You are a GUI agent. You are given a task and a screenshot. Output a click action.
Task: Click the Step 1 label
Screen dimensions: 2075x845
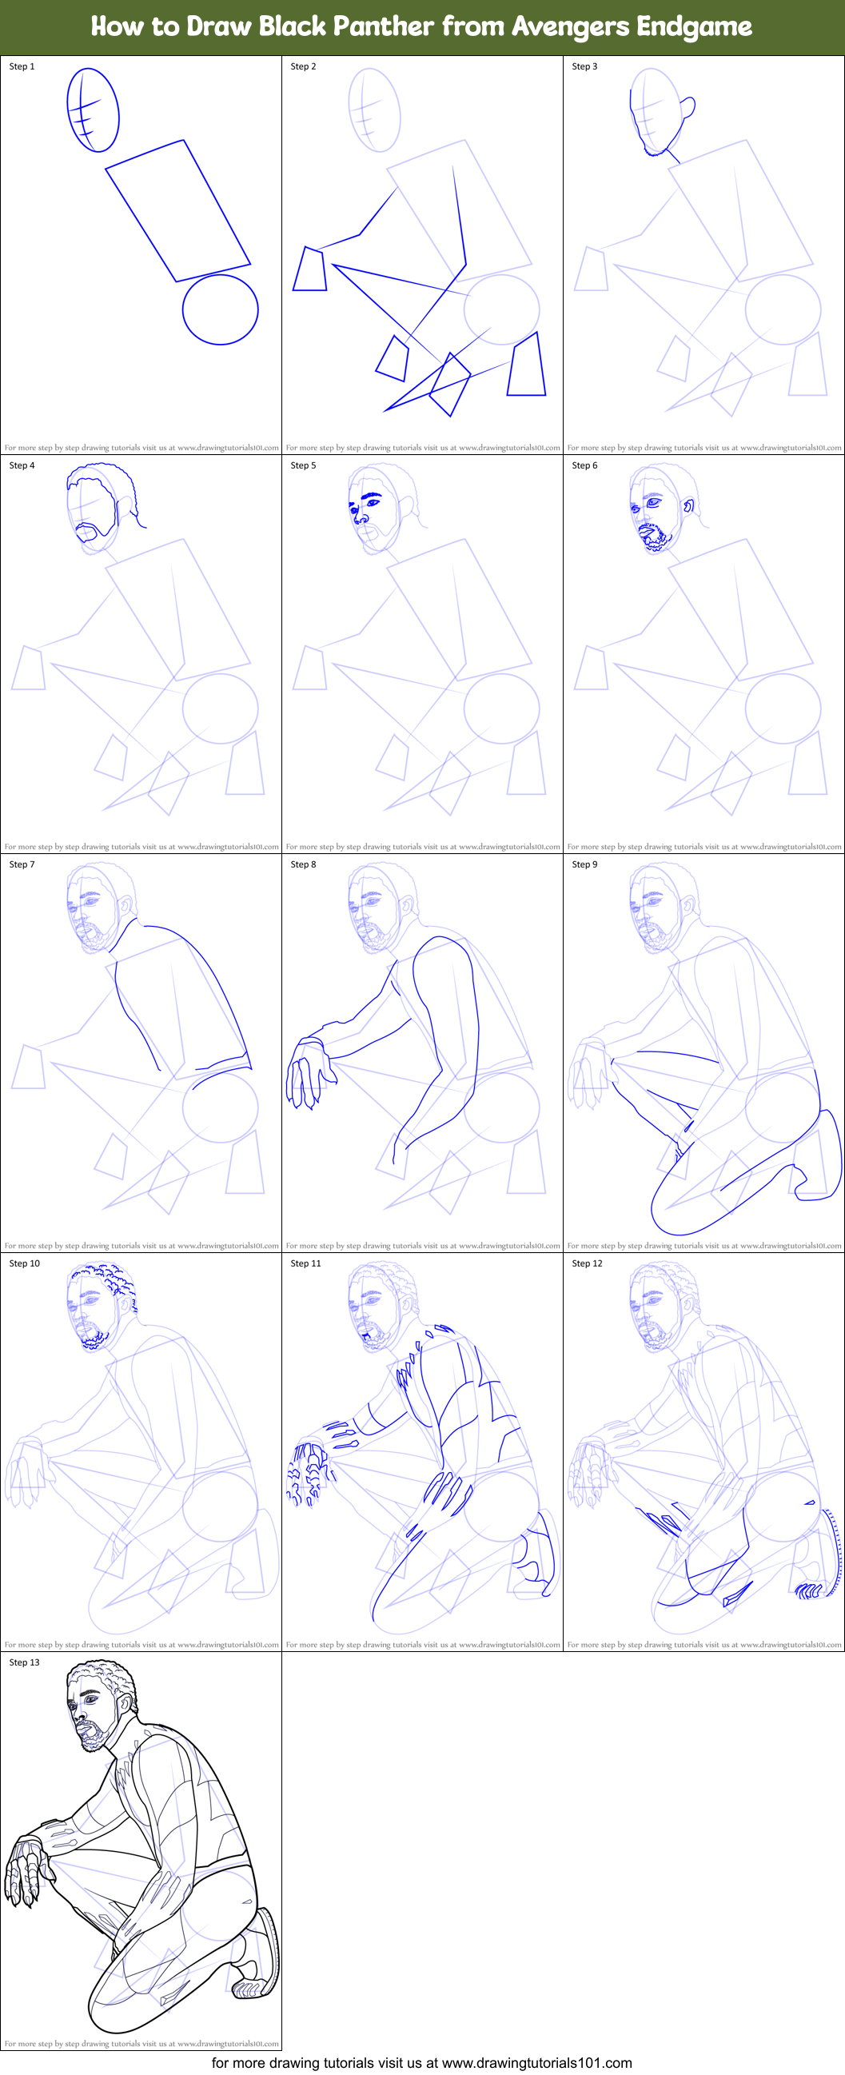point(22,66)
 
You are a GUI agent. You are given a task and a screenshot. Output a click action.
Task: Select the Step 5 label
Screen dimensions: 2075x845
point(303,465)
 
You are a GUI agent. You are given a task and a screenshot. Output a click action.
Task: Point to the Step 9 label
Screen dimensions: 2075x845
point(584,864)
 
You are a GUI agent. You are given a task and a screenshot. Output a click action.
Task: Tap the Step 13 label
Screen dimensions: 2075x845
point(24,1662)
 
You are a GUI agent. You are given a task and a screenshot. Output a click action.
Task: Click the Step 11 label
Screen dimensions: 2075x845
point(305,1263)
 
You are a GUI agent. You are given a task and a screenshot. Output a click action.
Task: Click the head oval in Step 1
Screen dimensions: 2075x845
point(94,110)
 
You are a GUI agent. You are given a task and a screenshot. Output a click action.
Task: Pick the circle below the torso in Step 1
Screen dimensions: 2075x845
point(220,309)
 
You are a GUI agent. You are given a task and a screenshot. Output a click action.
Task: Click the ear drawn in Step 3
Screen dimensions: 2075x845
point(688,107)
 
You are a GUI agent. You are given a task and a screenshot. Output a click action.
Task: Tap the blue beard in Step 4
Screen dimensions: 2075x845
point(95,532)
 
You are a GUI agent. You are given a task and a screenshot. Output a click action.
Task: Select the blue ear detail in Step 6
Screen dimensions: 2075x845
point(688,506)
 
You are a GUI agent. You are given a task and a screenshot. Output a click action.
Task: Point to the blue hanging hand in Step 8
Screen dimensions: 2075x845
point(307,1072)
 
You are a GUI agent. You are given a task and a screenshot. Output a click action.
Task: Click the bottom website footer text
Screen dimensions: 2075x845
point(421,2062)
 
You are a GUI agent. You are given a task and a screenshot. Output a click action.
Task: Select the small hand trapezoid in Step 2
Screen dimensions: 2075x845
point(309,269)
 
